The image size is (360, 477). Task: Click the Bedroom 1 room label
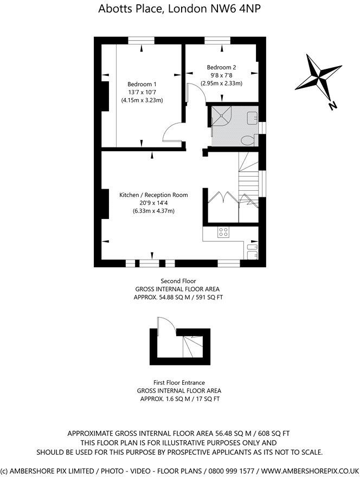(x=142, y=84)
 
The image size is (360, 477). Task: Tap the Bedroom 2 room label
(x=221, y=67)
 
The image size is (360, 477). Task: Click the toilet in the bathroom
(x=248, y=140)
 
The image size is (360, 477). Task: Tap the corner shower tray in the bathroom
(x=221, y=116)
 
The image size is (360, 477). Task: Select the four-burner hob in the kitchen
(x=223, y=232)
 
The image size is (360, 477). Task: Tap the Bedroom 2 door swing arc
(x=196, y=94)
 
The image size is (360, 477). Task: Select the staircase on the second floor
(x=249, y=176)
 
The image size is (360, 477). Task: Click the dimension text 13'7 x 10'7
(x=142, y=92)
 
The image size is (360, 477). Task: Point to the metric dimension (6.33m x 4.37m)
(x=153, y=211)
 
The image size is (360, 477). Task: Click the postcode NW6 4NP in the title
(x=237, y=8)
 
